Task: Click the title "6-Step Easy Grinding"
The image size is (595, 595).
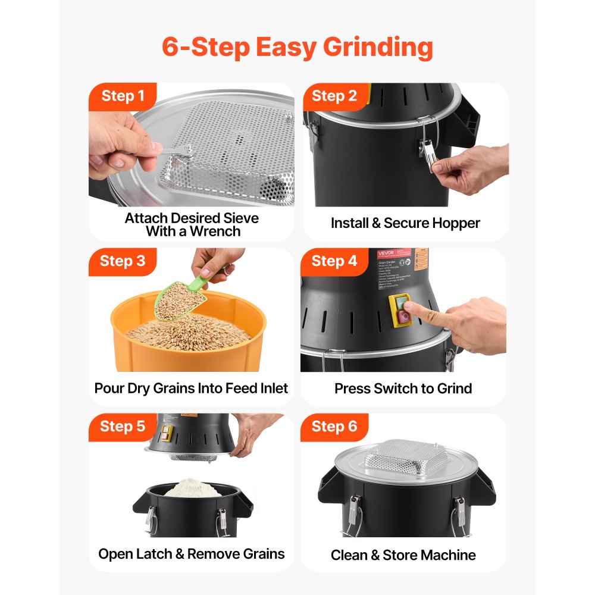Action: point(297,48)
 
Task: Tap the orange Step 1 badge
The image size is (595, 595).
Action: point(123,96)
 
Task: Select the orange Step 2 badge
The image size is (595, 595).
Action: point(334,96)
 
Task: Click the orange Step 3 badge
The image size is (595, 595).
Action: point(123,261)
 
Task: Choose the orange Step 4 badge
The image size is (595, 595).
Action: point(334,261)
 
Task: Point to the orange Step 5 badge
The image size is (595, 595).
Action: point(123,427)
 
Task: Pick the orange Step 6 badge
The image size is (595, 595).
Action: point(334,427)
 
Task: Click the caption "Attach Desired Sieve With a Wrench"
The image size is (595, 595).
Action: point(192,225)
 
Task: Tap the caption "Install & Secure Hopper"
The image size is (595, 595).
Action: point(405,223)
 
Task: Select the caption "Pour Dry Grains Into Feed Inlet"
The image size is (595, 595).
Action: point(192,389)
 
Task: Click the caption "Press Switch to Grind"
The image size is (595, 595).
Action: point(403,389)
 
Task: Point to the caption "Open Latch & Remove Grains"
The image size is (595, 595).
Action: point(192,554)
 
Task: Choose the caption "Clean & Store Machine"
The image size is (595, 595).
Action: point(403,555)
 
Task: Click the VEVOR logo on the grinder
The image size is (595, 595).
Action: point(386,253)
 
